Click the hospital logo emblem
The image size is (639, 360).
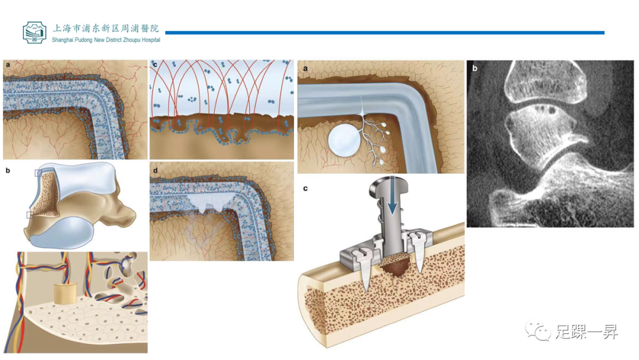[34, 32]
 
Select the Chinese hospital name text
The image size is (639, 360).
[106, 28]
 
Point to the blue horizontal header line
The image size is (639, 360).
[385, 33]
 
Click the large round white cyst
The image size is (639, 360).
[344, 140]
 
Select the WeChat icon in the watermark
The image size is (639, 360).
[538, 330]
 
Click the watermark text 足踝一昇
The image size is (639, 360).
[587, 332]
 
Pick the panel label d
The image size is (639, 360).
[155, 171]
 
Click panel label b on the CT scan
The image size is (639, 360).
[475, 69]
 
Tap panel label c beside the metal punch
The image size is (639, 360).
[305, 188]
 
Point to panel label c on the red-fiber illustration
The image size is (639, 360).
[155, 65]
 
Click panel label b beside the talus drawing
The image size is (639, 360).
[8, 171]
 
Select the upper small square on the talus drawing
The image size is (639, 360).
[38, 173]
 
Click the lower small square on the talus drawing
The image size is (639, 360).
[30, 215]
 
